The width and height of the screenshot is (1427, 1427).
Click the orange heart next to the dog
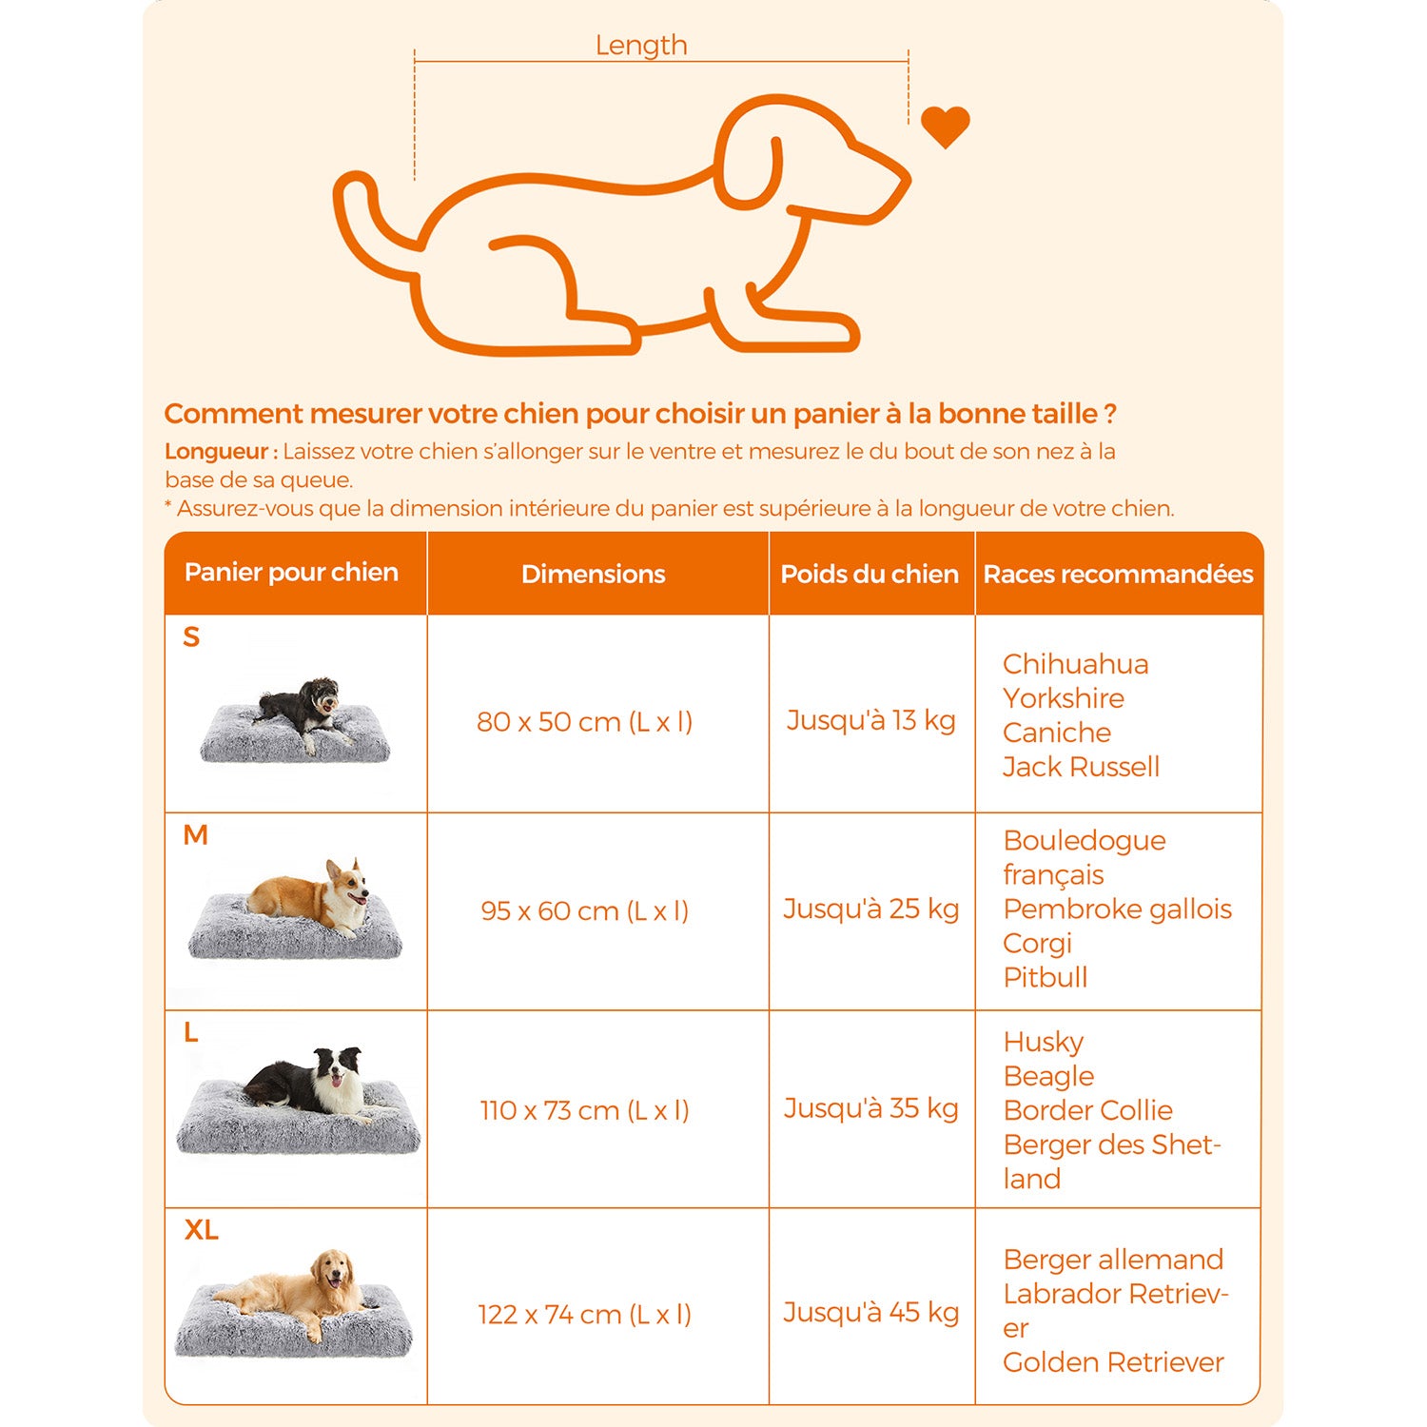pos(945,127)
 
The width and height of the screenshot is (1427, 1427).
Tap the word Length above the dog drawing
pos(641,46)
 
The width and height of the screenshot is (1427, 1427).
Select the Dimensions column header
pos(594,574)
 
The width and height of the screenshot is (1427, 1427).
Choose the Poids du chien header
pos(870,574)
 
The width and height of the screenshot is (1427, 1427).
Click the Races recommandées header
pos(1119,574)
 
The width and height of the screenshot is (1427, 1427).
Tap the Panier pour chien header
pos(291,572)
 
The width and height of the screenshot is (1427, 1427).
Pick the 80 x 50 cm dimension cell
pos(584,721)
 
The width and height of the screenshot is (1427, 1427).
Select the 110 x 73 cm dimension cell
pos(584,1109)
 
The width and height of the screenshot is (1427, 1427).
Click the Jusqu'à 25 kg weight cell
pos(870,909)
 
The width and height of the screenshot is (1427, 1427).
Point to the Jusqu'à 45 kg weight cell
pos(870,1312)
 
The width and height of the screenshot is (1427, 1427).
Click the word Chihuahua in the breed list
pos(1075,663)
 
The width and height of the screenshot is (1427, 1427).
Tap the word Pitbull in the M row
pos(1045,977)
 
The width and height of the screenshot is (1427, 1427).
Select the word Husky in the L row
pos(1043,1043)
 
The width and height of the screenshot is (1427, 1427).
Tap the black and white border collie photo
pos(304,1085)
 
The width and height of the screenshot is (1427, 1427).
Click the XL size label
pos(201,1230)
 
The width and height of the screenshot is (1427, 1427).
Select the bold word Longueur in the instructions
pos(221,452)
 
